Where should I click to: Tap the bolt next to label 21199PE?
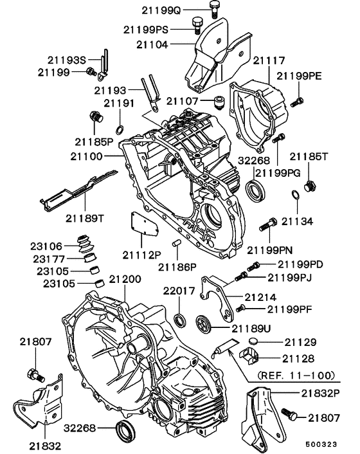pos(296,101)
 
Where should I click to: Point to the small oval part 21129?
pos(253,341)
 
